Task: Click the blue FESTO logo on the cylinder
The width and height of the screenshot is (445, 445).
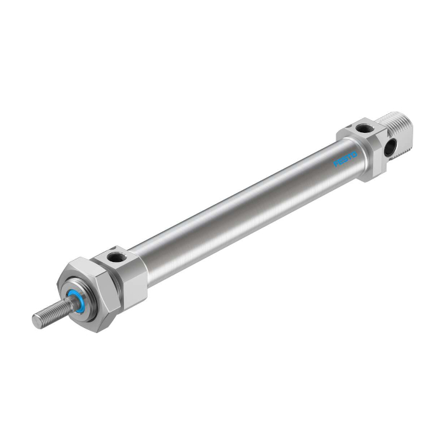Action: pyautogui.click(x=345, y=159)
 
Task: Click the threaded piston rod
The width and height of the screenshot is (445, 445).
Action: pyautogui.click(x=51, y=313)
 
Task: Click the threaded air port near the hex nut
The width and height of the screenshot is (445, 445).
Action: pyautogui.click(x=114, y=259)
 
